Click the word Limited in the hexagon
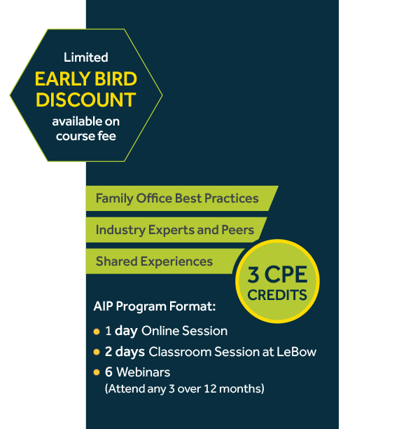click(x=86, y=57)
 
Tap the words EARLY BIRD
click(x=86, y=79)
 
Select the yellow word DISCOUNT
click(x=86, y=100)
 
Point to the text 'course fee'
click(x=86, y=136)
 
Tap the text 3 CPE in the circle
click(x=277, y=274)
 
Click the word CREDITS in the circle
click(x=277, y=295)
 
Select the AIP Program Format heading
click(x=155, y=306)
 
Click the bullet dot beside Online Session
click(x=97, y=332)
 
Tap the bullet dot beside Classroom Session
click(x=97, y=352)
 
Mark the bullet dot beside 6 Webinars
click(x=97, y=372)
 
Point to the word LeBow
click(x=297, y=352)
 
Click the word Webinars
click(x=143, y=372)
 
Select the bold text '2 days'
click(x=125, y=352)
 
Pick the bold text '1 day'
click(x=121, y=331)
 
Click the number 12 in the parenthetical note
click(x=210, y=389)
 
